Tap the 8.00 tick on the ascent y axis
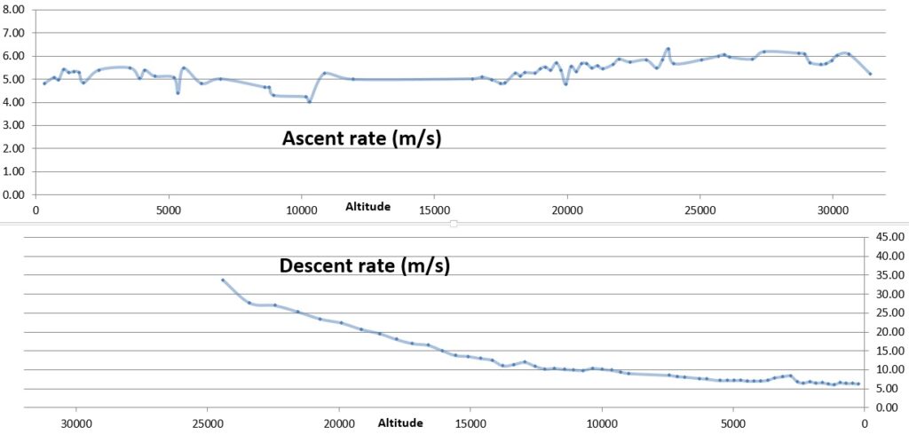click(15, 10)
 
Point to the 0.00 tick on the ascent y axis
click(15, 194)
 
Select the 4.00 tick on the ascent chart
click(15, 102)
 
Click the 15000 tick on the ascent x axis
click(433, 210)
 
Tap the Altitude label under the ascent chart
click(368, 207)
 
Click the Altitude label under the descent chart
click(401, 423)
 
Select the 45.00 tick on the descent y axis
click(889, 237)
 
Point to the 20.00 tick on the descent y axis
click(889, 332)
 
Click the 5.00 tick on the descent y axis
click(889, 389)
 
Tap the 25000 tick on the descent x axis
click(207, 423)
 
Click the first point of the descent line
click(223, 280)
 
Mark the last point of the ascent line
click(870, 74)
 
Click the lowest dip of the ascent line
click(309, 101)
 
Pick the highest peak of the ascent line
click(668, 49)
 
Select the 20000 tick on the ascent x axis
click(566, 210)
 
